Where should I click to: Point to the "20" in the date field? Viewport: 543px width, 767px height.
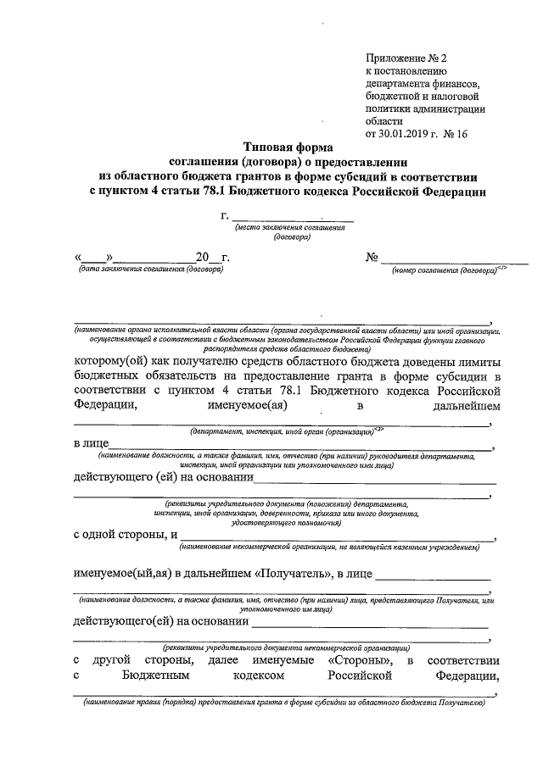pos(202,258)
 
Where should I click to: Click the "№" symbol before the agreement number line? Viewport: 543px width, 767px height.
pos(371,258)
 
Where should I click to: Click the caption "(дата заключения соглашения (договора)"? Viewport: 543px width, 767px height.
pos(149,270)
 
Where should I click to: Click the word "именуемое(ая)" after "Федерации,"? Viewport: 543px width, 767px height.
pos(244,406)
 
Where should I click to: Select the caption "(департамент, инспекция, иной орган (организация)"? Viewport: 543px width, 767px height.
pos(281,432)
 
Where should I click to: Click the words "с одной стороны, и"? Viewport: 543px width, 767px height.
pos(126,535)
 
